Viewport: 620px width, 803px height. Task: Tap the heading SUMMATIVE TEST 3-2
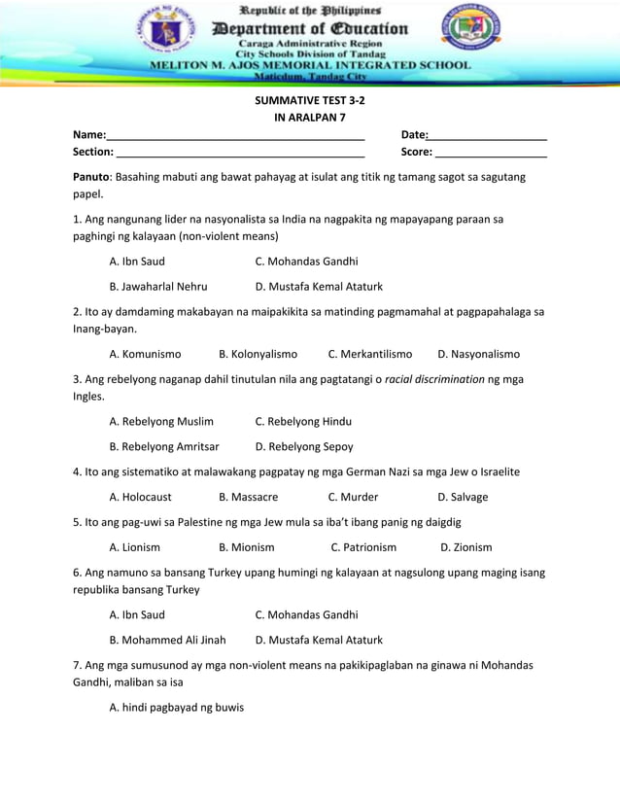coord(310,100)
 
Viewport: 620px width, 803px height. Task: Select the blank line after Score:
coord(491,154)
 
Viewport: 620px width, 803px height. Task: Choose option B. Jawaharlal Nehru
coord(158,287)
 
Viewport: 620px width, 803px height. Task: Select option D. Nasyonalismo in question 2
coord(478,354)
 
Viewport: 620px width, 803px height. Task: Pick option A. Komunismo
coord(145,354)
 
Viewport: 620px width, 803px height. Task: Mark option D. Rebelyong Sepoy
coord(304,447)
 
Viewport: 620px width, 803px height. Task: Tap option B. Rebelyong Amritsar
coord(164,447)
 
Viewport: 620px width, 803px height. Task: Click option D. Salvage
coord(463,497)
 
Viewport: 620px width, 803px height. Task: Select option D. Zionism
coord(465,547)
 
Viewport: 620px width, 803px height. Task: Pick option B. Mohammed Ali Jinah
coord(167,640)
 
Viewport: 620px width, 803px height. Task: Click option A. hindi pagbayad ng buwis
coord(177,707)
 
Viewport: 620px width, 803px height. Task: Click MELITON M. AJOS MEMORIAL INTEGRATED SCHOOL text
coord(310,65)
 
